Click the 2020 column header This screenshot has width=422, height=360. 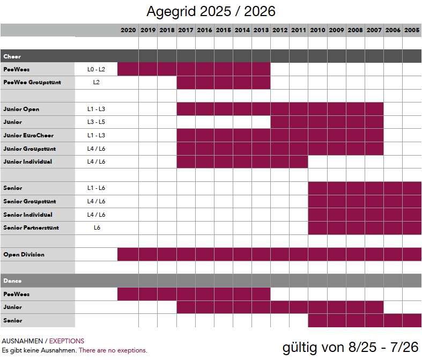click(x=128, y=31)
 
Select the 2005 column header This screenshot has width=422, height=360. click(x=412, y=31)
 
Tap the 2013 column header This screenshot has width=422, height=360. click(x=261, y=31)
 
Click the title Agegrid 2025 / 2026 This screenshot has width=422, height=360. click(x=211, y=11)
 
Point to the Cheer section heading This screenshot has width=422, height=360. click(x=12, y=56)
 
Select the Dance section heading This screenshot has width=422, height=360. click(x=12, y=281)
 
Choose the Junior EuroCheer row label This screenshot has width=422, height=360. click(x=28, y=135)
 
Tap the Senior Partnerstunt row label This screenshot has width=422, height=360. click(x=31, y=228)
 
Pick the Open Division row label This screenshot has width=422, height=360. click(x=24, y=254)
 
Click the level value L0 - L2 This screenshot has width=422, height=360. click(x=97, y=69)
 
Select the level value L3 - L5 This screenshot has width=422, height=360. click(x=97, y=122)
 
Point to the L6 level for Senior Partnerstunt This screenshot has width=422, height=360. click(x=97, y=228)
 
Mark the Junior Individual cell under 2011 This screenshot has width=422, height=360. click(x=298, y=161)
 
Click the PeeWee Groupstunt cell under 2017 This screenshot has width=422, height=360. click(x=186, y=83)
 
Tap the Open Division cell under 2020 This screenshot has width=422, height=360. click(x=128, y=254)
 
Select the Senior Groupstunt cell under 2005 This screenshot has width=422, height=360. click(x=412, y=202)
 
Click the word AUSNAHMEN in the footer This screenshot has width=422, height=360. click(x=22, y=341)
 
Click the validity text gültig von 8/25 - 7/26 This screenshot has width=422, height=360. click(x=350, y=347)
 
